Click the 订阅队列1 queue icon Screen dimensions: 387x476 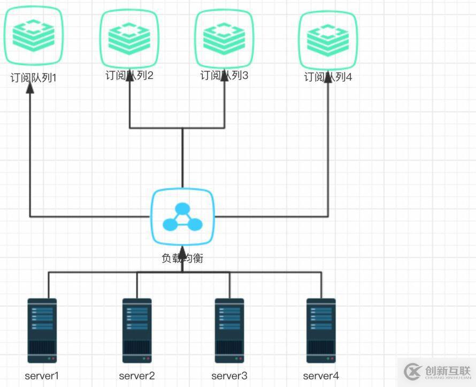[x=33, y=35]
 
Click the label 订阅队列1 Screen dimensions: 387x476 [x=33, y=78]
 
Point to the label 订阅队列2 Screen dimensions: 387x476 [x=129, y=75]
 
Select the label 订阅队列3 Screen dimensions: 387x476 [x=224, y=75]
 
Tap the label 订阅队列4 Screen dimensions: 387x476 [x=328, y=77]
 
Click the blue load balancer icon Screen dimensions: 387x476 [x=182, y=217]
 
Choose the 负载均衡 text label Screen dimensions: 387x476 [x=182, y=258]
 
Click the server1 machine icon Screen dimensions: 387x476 [x=42, y=330]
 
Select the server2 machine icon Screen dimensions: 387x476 [x=137, y=330]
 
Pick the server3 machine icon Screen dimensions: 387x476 [x=229, y=330]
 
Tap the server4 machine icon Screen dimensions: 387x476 [x=321, y=330]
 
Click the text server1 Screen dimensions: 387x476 [x=42, y=376]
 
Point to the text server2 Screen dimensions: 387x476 [x=137, y=376]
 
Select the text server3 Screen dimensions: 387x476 [x=229, y=376]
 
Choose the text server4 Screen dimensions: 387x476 [x=321, y=376]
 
